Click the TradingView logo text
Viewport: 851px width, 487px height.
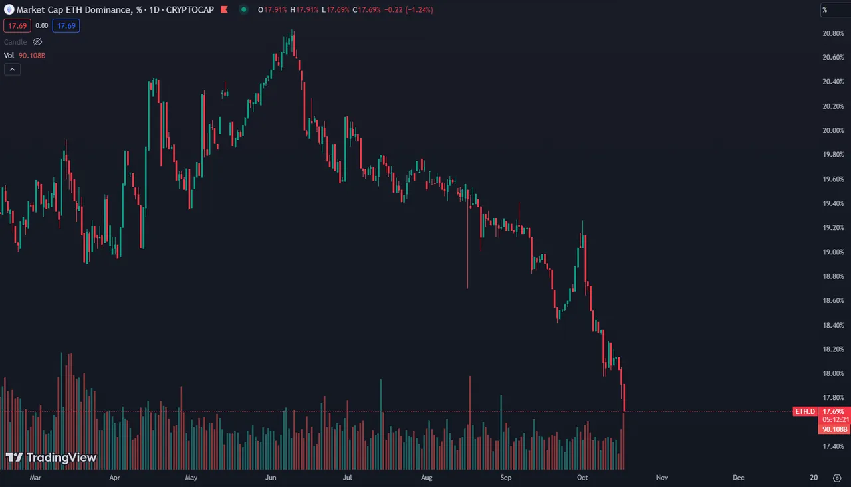61,458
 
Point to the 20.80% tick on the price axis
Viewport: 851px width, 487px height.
832,33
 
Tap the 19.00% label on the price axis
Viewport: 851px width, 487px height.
832,252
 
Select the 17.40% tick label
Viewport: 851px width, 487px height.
832,446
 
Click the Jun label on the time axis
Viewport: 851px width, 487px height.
271,477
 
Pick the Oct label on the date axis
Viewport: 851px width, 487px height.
583,477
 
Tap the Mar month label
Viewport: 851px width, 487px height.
35,477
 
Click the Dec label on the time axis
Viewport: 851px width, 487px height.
738,477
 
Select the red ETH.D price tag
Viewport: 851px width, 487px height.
804,412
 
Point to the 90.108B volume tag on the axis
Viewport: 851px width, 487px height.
834,429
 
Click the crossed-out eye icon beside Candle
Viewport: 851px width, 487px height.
37,42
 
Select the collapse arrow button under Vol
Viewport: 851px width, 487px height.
12,69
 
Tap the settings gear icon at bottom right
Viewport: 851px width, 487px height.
836,478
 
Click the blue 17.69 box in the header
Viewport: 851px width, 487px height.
66,25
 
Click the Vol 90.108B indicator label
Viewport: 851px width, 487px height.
25,56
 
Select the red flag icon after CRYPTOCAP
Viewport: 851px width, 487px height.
223,10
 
